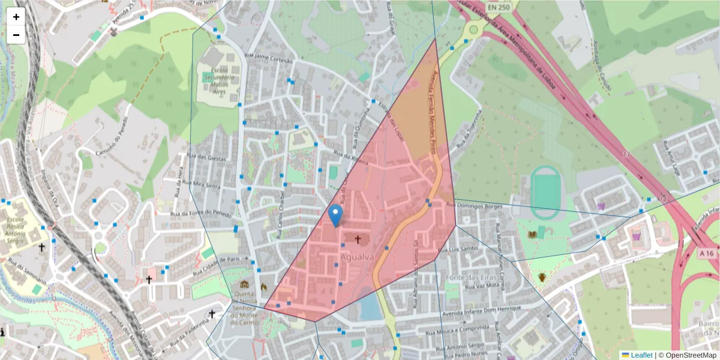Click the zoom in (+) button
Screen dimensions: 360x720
(16, 17)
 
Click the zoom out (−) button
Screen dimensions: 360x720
(16, 35)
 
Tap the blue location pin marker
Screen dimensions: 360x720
(336, 215)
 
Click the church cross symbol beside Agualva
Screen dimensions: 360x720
(358, 240)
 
